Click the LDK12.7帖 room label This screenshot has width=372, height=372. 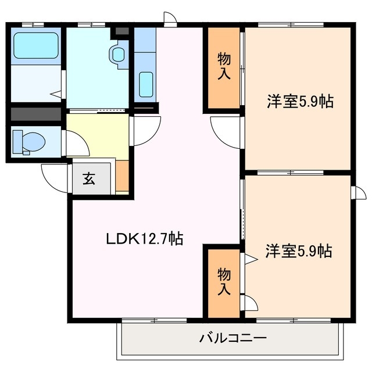click(144, 238)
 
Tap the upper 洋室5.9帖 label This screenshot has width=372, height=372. click(299, 101)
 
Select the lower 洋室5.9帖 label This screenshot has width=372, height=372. click(299, 252)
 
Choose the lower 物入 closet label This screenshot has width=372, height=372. click(224, 281)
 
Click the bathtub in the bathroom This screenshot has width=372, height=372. click(35, 45)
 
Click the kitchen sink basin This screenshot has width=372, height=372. click(146, 84)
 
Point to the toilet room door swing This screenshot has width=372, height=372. click(76, 142)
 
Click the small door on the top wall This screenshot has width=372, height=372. click(170, 19)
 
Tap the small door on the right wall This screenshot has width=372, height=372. click(359, 192)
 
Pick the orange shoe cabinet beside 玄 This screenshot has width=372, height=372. click(122, 176)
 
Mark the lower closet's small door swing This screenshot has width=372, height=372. click(248, 302)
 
